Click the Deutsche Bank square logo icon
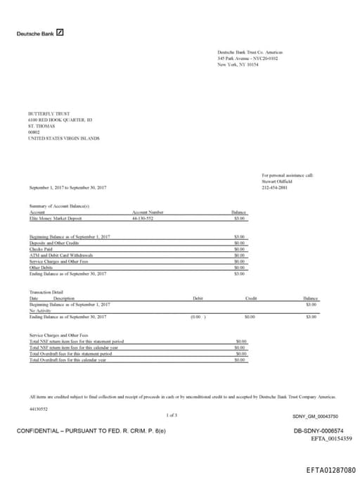pyautogui.click(x=60, y=32)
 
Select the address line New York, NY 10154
pyautogui.click(x=238, y=64)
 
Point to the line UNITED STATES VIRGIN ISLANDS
pyautogui.click(x=63, y=139)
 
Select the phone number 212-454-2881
pyautogui.click(x=274, y=187)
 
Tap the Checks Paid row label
pyautogui.click(x=42, y=248)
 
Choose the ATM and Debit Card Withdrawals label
pyautogui.click(x=61, y=255)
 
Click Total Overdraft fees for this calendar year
pyautogui.click(x=67, y=360)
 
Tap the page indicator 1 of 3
pyautogui.click(x=172, y=415)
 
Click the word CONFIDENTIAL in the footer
pyautogui.click(x=39, y=430)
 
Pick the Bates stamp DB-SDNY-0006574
pyautogui.click(x=319, y=430)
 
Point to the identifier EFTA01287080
pyautogui.click(x=331, y=469)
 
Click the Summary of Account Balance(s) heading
pyautogui.click(x=59, y=205)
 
